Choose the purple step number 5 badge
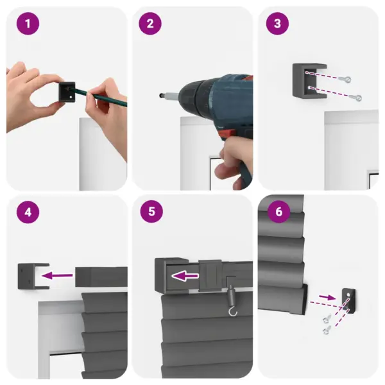pos(150,212)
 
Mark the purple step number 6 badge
pos(277,212)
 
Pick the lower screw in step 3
pos(357,98)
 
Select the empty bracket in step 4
pos(29,277)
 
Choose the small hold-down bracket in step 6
pos(348,300)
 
